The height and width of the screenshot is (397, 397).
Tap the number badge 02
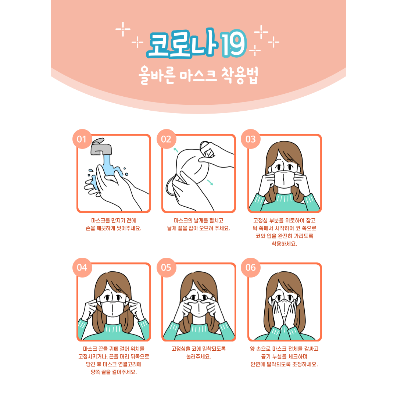click(167, 139)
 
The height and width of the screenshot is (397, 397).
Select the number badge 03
click(251, 139)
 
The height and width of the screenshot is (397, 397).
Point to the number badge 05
click(167, 268)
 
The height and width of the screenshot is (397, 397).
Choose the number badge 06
click(251, 268)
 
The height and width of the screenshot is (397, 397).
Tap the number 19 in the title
click(233, 43)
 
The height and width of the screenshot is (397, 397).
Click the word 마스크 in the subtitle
click(198, 75)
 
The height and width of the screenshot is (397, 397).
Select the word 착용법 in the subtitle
click(240, 75)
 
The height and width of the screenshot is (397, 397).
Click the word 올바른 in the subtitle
click(157, 75)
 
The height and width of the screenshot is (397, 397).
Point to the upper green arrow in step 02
click(176, 150)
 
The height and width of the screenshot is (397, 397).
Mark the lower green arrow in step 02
click(210, 182)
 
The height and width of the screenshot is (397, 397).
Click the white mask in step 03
click(284, 179)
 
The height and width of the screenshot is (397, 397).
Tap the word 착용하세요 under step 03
click(284, 244)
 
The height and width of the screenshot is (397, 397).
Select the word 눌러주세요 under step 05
click(199, 357)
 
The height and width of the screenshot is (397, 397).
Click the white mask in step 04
click(112, 309)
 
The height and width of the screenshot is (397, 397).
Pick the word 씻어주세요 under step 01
click(129, 228)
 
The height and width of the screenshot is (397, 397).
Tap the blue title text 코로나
click(183, 43)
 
